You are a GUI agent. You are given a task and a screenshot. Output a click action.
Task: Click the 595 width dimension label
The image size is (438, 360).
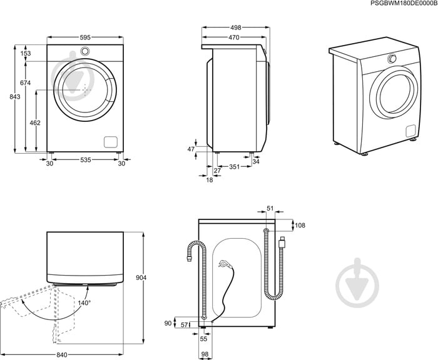[x=85, y=37]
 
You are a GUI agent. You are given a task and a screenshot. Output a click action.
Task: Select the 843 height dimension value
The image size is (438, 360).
[x=15, y=96]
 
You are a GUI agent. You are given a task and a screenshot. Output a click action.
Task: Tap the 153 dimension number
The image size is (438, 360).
[x=26, y=53]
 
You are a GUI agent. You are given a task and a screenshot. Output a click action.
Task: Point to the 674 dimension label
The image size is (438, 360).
[x=26, y=83]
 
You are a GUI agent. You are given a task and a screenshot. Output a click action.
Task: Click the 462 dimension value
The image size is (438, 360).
[x=35, y=122]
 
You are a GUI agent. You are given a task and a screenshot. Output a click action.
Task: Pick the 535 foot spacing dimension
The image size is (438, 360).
[x=86, y=159]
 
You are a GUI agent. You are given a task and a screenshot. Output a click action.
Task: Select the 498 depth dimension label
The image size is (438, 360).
[x=236, y=27]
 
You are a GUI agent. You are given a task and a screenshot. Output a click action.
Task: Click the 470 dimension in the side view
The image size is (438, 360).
[x=234, y=37]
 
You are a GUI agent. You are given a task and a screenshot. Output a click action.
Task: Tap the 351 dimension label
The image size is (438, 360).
[x=235, y=167]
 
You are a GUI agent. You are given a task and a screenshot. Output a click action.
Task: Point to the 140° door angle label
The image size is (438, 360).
[x=84, y=302]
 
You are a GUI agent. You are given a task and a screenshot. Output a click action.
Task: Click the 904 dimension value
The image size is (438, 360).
[x=141, y=277]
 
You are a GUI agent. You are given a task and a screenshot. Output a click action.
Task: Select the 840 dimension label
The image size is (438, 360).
[x=62, y=355]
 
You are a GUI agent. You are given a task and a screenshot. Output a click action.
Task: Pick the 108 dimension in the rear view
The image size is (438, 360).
[x=300, y=225]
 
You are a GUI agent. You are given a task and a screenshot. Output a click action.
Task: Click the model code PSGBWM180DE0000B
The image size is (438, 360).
[x=404, y=3]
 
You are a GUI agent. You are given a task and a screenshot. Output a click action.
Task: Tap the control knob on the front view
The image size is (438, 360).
[x=85, y=51]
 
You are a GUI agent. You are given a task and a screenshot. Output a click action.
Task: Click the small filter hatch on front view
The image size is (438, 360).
[x=111, y=142]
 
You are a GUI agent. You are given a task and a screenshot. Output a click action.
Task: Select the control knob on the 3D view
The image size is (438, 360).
[x=392, y=58]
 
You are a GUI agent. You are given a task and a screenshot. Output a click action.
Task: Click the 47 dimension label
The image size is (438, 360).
[x=191, y=149]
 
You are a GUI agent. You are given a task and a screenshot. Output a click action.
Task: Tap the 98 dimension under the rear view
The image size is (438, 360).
[x=205, y=354]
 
